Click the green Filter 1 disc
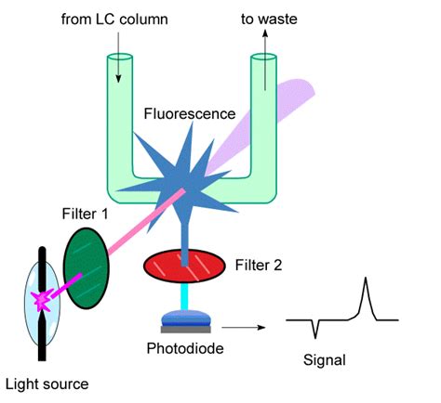tap(87, 268)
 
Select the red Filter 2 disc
tap(184, 266)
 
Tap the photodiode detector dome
tap(186, 318)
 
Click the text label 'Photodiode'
tap(185, 348)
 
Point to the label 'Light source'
tap(47, 384)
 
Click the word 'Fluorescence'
tap(190, 113)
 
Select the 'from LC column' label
tap(114, 19)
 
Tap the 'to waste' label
tap(269, 19)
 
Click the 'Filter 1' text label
tap(85, 214)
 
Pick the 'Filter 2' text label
tap(259, 266)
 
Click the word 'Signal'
tap(325, 360)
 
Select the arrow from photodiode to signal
tap(244, 328)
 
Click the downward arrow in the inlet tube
tap(118, 58)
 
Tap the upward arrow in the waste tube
tap(265, 59)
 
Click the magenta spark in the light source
tap(42, 300)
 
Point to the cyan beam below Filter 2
tap(184, 296)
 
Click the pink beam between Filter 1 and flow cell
tap(146, 221)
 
